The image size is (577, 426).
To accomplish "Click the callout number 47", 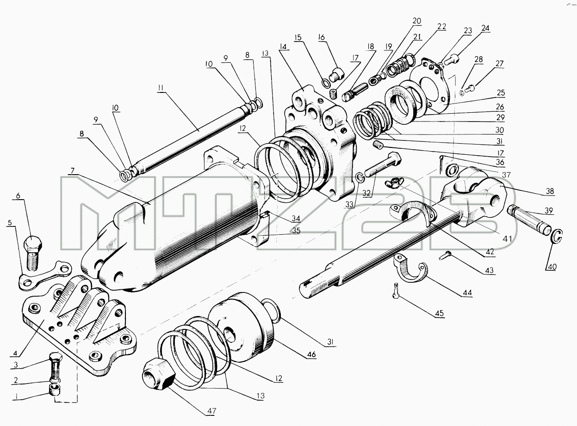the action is click(212, 411).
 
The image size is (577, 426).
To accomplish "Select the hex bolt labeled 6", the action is click(32, 252).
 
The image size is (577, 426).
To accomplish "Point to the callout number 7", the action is click(72, 171).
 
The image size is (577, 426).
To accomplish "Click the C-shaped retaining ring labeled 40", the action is click(557, 236).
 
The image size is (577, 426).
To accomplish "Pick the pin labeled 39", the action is click(529, 219).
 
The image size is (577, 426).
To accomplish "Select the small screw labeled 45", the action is click(396, 290).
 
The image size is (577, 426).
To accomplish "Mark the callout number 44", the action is click(467, 293).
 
